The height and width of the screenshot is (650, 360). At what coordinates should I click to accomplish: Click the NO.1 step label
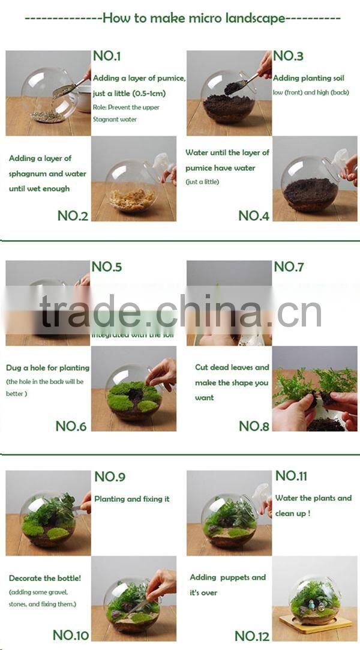[x=107, y=56]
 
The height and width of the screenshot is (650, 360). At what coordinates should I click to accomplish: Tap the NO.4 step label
[x=254, y=215]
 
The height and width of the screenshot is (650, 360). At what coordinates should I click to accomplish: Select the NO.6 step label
[x=71, y=426]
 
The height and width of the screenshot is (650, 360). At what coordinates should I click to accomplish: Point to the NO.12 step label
[x=253, y=636]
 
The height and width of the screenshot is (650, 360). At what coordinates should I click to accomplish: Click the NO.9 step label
[x=110, y=477]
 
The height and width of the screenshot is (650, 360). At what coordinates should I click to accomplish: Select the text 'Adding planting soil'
[x=308, y=78]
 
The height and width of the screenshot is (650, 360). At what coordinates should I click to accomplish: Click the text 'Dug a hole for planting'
[x=47, y=367]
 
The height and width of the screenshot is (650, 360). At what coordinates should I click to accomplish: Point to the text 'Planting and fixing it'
[x=131, y=499]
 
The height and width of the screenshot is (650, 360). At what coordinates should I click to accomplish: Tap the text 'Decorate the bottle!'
[x=44, y=579]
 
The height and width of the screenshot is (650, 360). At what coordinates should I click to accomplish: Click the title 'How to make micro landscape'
[x=194, y=18]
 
